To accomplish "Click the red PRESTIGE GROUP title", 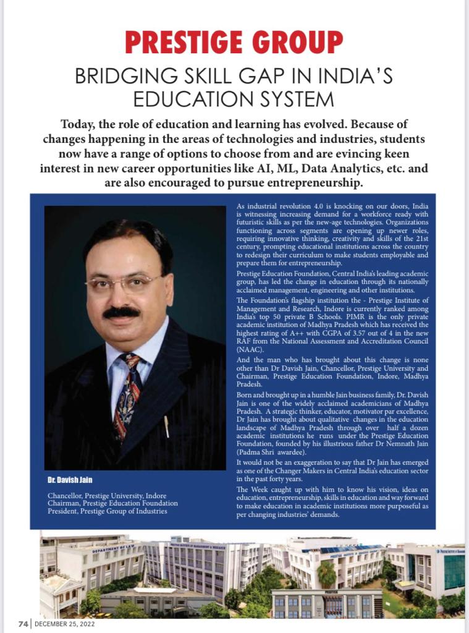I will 234,42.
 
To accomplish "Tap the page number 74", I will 23,624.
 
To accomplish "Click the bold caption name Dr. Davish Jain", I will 70,480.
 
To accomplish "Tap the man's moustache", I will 122,312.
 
